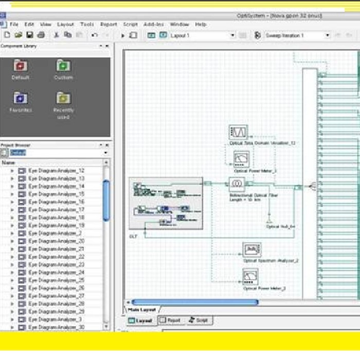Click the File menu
point(14,24)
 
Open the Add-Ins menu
point(154,24)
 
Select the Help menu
point(201,24)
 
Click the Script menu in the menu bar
point(130,24)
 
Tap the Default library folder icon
point(21,66)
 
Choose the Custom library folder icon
point(63,66)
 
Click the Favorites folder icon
point(21,98)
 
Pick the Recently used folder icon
point(63,98)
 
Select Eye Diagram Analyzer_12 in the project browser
point(56,170)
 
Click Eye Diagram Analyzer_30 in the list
point(56,327)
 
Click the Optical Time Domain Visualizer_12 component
point(238,132)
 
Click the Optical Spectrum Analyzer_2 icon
point(252,250)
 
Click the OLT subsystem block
point(166,203)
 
